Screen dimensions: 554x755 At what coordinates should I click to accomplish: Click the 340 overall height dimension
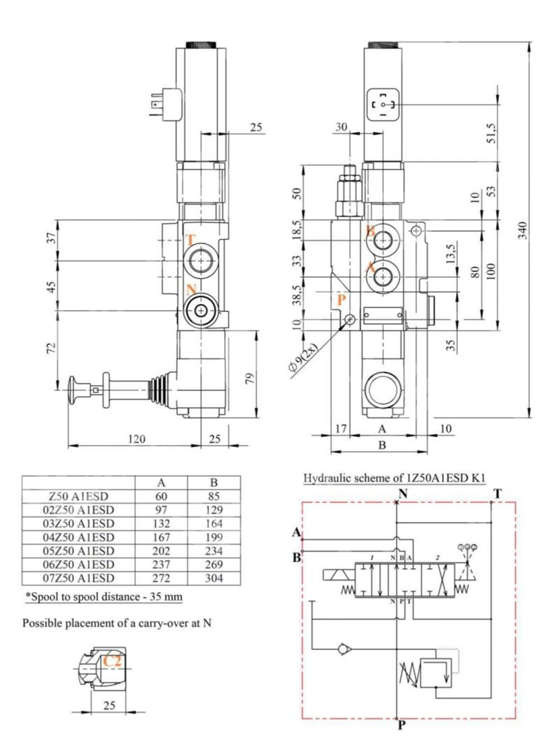(522, 229)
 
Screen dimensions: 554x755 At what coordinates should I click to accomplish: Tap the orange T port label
(190, 240)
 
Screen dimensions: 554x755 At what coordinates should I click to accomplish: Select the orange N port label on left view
(191, 289)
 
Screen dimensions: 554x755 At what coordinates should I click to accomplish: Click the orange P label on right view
(341, 300)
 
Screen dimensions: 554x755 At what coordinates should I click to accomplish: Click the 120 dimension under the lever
(136, 439)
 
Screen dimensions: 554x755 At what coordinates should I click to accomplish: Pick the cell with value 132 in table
(161, 523)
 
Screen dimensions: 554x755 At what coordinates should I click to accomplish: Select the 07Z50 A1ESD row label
(78, 578)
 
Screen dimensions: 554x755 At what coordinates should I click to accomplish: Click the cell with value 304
(214, 578)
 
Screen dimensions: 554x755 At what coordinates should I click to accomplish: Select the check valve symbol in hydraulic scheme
(343, 648)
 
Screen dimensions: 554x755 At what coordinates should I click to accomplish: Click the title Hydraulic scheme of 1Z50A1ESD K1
(394, 478)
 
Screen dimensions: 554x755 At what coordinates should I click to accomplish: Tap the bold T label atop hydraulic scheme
(497, 493)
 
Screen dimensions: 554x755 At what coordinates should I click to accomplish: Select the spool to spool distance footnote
(104, 597)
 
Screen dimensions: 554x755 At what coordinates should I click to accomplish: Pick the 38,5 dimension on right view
(297, 295)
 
